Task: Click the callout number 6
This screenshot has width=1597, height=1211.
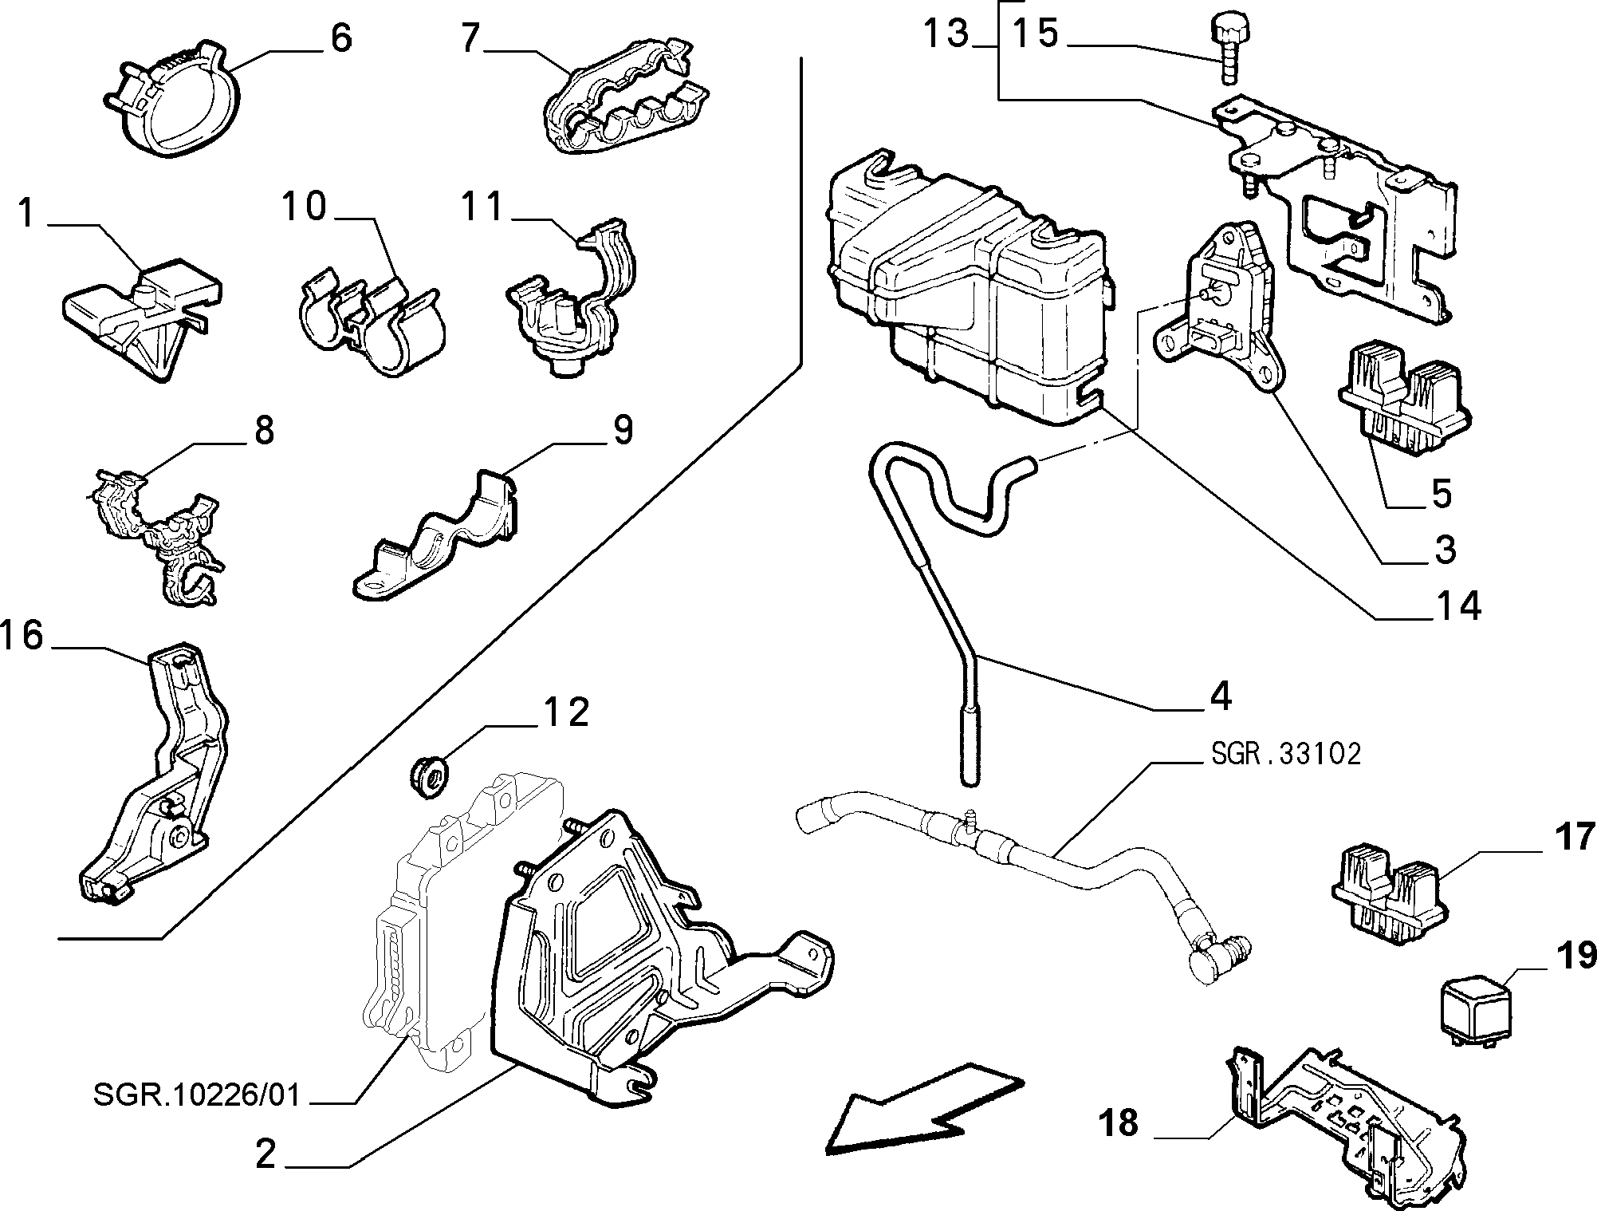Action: [340, 37]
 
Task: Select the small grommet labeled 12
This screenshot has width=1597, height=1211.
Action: [430, 778]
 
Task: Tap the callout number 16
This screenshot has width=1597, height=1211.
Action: [22, 636]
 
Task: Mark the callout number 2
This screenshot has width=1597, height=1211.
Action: [265, 1155]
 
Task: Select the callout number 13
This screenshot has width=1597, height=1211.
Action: [946, 34]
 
